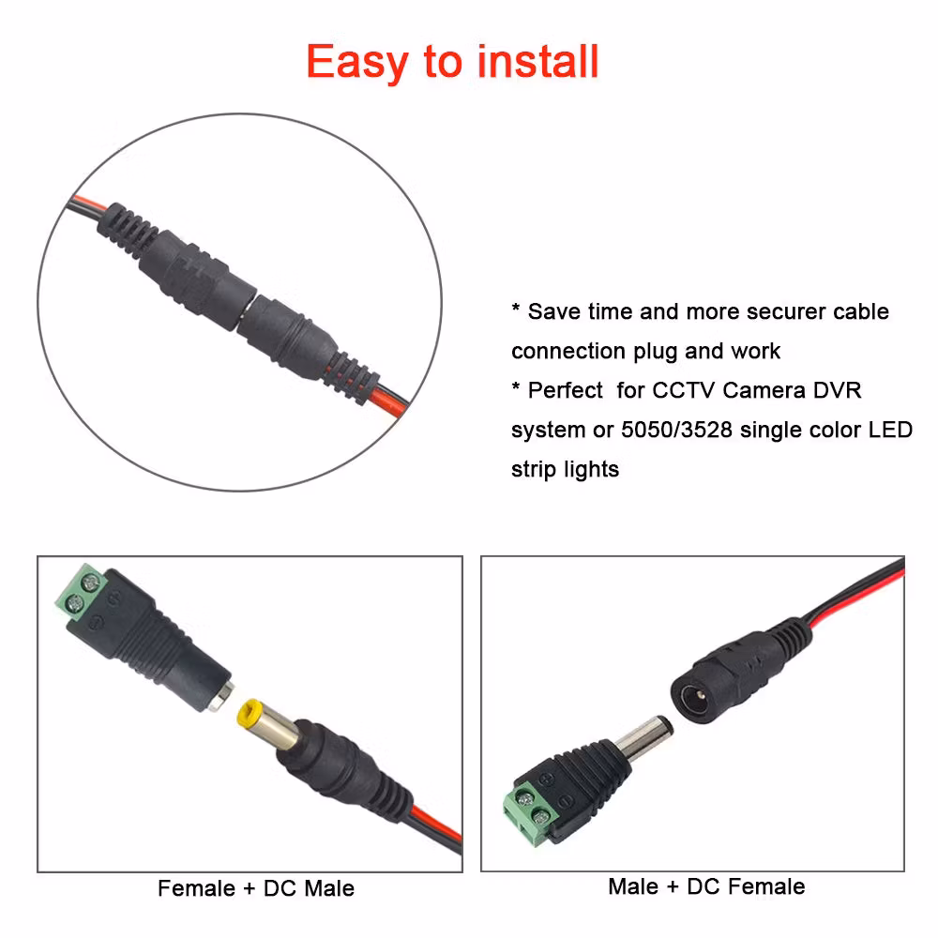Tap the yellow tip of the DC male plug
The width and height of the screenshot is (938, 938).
250,714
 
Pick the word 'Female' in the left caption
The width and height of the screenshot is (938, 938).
196,888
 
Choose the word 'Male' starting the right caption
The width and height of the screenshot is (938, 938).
633,886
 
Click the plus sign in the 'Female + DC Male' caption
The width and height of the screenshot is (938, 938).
250,889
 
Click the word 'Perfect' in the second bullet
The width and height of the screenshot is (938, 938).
566,390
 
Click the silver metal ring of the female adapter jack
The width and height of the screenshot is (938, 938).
220,697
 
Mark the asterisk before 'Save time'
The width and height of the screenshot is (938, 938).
516,308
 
